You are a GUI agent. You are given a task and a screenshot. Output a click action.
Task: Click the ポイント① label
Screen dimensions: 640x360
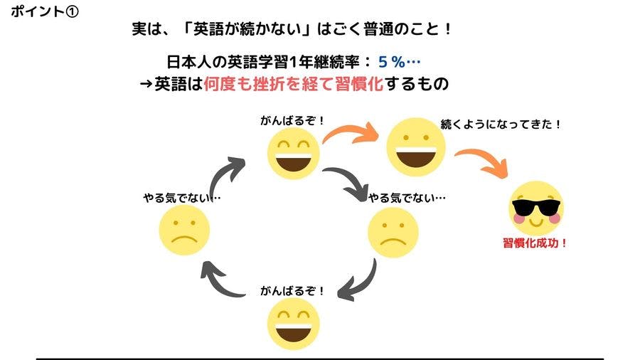[45, 11]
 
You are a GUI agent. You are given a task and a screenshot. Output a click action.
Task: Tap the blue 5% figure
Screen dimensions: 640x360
[391, 62]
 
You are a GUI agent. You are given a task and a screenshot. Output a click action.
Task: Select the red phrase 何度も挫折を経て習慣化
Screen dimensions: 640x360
[293, 84]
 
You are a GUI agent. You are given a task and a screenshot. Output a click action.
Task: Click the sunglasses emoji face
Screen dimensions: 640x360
[536, 208]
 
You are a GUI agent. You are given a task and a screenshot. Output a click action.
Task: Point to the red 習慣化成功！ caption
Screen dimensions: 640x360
[535, 243]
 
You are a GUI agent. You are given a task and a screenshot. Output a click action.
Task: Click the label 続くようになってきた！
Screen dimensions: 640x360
[501, 124]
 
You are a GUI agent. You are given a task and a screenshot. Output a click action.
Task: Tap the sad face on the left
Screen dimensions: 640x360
[184, 230]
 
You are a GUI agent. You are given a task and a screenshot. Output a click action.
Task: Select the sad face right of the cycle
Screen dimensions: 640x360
[393, 233]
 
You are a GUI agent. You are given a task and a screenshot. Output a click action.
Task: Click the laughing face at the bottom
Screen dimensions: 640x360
[293, 324]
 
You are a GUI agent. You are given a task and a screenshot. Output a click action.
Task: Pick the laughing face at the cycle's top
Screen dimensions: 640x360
[293, 153]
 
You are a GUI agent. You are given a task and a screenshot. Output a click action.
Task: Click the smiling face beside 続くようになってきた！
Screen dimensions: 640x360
[416, 147]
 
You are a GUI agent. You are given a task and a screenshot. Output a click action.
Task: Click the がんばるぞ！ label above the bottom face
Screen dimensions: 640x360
[292, 291]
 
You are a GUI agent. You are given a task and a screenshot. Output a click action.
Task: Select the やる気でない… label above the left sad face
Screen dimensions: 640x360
[182, 198]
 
